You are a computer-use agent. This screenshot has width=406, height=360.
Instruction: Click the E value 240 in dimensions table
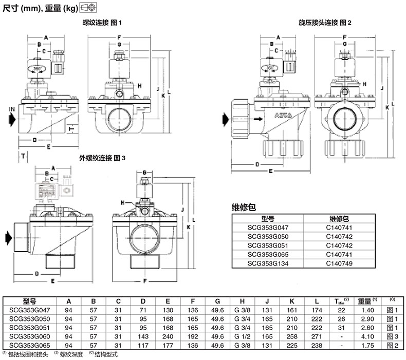click(168, 336)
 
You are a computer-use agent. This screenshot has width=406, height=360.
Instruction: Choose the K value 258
click(292, 336)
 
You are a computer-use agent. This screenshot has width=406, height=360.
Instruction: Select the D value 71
click(143, 310)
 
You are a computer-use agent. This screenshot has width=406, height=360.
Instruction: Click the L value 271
click(317, 336)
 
